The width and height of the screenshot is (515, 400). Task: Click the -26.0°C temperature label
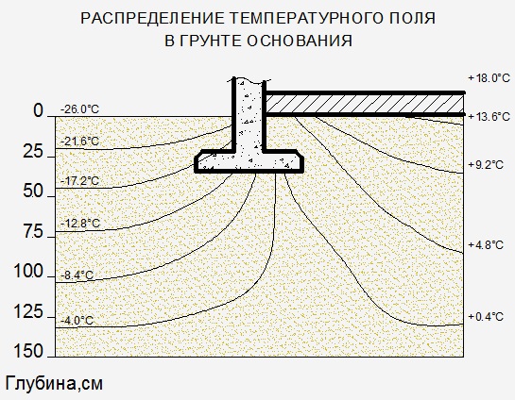[79, 109]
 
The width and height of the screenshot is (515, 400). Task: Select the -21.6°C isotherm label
[79, 142]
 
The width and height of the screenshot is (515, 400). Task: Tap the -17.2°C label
[79, 180]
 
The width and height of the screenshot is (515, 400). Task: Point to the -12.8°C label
[80, 224]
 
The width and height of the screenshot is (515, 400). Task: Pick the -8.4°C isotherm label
[77, 275]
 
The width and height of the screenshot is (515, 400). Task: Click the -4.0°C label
[77, 321]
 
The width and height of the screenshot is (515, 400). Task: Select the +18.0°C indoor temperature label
[489, 78]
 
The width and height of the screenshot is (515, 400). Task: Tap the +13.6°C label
[489, 116]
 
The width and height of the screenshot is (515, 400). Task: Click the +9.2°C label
[486, 164]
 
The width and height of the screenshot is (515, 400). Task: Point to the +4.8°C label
[486, 245]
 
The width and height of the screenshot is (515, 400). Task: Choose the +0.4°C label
[486, 317]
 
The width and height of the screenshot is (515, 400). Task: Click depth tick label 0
[38, 110]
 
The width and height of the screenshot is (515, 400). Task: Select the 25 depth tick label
[33, 152]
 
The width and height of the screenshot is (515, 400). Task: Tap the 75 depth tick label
[33, 232]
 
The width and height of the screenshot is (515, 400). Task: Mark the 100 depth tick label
[28, 272]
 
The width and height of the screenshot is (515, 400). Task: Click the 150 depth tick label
[28, 351]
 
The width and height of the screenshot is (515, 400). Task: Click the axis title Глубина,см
[54, 383]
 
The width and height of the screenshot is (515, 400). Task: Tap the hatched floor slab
[365, 104]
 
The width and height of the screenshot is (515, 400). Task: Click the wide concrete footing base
[249, 161]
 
